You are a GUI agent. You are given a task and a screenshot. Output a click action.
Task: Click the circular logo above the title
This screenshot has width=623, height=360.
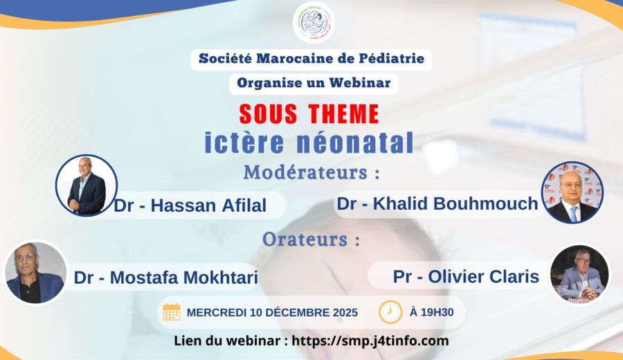coord(314,22)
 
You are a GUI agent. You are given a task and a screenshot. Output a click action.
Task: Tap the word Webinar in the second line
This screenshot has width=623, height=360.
coord(360,82)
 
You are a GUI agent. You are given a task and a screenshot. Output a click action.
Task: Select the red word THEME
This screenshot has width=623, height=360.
coord(343,114)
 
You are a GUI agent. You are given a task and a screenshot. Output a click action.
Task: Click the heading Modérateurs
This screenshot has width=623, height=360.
coord(311,172)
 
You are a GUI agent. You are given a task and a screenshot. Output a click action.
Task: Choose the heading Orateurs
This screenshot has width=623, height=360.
coord(311,240)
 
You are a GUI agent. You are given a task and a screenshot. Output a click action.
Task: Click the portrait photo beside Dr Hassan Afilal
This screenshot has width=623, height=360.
coord(87,186)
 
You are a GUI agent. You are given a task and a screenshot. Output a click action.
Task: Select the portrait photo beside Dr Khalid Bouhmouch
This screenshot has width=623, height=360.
coord(572,192)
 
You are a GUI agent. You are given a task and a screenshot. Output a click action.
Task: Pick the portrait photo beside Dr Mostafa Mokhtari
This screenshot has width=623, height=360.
coord(35,273)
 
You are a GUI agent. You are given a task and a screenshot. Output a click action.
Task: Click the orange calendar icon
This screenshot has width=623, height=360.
coord(172,312)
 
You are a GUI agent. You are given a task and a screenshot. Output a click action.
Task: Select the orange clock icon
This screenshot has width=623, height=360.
coord(390,312)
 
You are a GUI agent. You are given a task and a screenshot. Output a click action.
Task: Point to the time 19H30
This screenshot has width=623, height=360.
coord(437,312)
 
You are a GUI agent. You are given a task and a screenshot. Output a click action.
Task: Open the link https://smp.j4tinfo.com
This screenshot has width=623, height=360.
coord(370,341)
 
